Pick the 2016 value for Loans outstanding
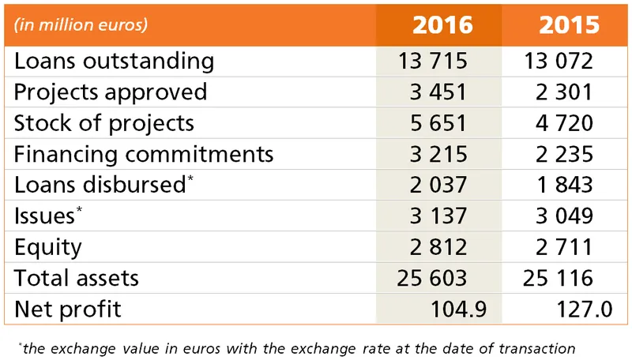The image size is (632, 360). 434,61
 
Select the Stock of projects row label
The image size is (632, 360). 103,123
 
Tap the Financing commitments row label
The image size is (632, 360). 144,154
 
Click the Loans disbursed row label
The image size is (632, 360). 99,185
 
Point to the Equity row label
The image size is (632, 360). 47,247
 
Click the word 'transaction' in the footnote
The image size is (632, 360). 535,347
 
